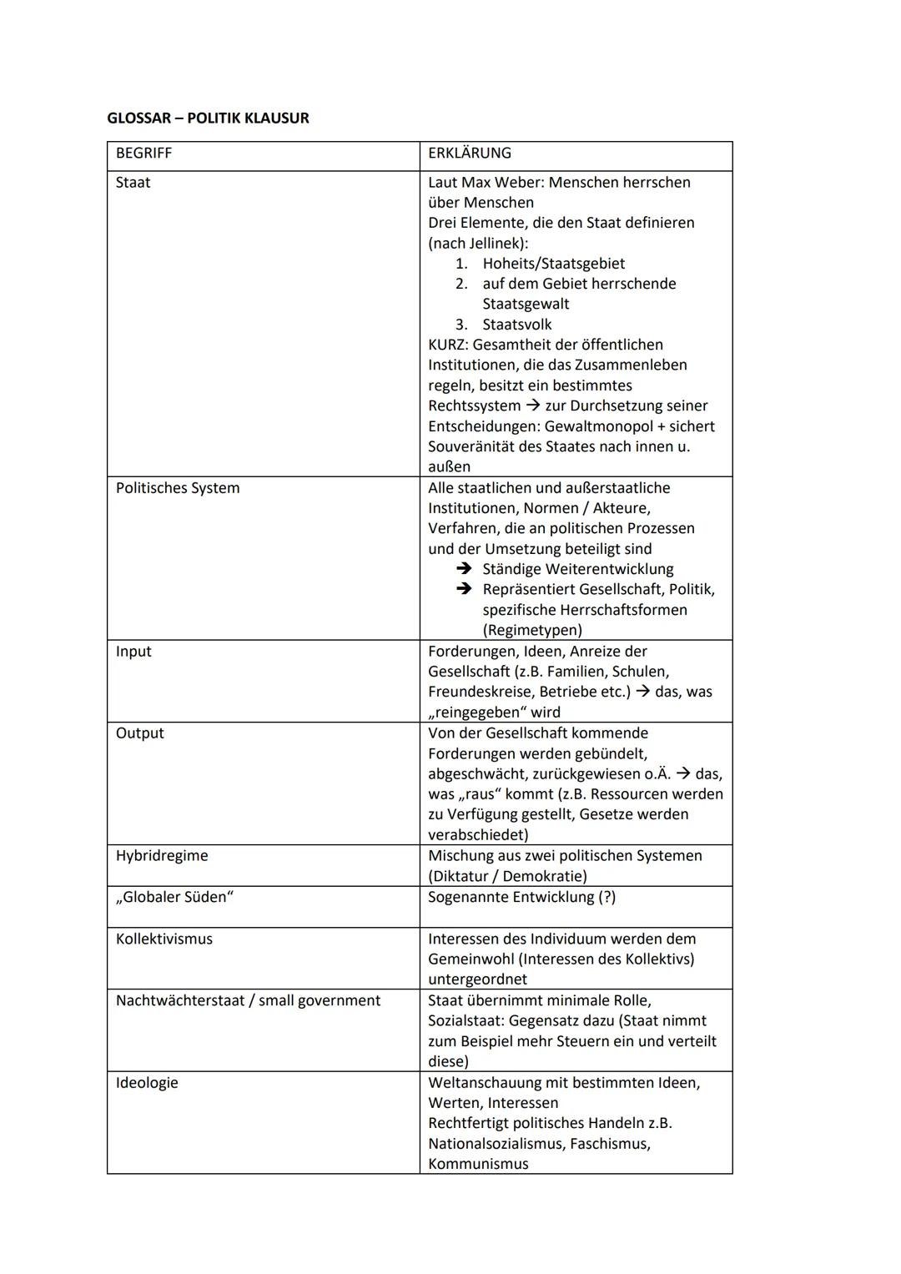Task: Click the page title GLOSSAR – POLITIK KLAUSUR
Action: (208, 118)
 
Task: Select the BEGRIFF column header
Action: (143, 154)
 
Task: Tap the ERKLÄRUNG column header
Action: (469, 154)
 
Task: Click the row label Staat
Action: (133, 183)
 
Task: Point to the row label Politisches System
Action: (177, 488)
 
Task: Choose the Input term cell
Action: (133, 652)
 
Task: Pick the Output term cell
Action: (139, 733)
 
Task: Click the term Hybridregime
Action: (162, 856)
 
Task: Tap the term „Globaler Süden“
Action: (174, 897)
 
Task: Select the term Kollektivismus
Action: (164, 939)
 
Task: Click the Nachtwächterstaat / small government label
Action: (248, 1000)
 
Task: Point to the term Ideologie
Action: (147, 1083)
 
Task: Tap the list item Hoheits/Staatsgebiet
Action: (553, 264)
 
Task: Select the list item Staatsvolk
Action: (516, 325)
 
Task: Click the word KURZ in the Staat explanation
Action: (448, 345)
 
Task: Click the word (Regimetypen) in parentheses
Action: (532, 631)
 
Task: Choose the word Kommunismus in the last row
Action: (478, 1164)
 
